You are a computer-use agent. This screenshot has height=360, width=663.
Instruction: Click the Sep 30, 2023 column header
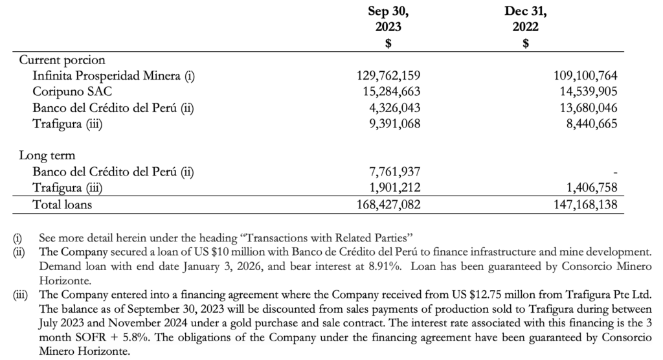pyautogui.click(x=388, y=19)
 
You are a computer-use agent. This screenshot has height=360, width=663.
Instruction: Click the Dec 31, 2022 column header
pyautogui.click(x=525, y=19)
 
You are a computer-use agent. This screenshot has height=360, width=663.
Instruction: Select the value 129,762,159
pyautogui.click(x=388, y=76)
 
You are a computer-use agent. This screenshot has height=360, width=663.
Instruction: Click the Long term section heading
pyautogui.click(x=47, y=155)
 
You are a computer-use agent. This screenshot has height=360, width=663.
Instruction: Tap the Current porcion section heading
pyautogui.click(x=62, y=60)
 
